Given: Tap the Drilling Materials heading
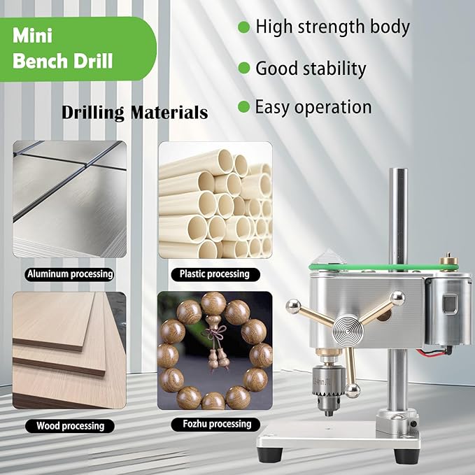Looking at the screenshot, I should pyautogui.click(x=134, y=112).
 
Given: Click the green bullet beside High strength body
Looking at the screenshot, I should pyautogui.click(x=244, y=27).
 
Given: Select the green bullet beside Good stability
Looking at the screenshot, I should pyautogui.click(x=244, y=68).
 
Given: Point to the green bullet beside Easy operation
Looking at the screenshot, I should pyautogui.click(x=243, y=107).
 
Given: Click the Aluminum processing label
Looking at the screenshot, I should pyautogui.click(x=69, y=274).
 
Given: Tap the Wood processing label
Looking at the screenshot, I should pyautogui.click(x=69, y=425).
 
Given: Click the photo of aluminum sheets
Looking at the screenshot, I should pyautogui.click(x=69, y=199).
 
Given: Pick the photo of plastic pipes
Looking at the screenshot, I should pyautogui.click(x=214, y=199).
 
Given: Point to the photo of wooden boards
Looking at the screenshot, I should pyautogui.click(x=69, y=350).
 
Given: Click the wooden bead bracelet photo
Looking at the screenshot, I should pyautogui.click(x=214, y=350).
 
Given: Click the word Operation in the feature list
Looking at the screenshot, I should pyautogui.click(x=337, y=107).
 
